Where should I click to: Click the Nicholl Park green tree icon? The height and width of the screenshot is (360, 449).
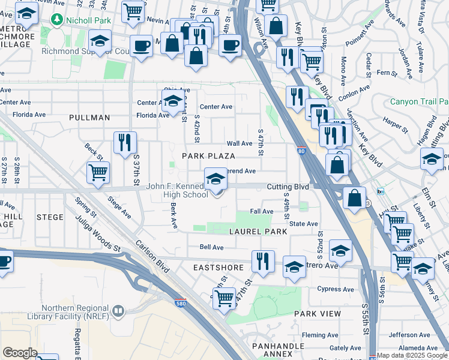[58, 20]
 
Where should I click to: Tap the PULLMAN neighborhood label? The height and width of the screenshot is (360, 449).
[89, 118]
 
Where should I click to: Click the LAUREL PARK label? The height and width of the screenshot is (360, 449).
[255, 231]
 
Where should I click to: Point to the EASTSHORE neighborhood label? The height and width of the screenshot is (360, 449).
[218, 268]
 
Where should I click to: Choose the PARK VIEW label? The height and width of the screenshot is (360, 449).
[318, 314]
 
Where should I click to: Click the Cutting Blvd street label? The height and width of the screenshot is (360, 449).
[288, 187]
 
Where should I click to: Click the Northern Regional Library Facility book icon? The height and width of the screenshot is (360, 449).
[119, 311]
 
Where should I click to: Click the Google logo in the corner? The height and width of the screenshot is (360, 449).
[20, 353]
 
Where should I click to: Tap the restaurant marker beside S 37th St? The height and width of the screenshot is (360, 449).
[125, 143]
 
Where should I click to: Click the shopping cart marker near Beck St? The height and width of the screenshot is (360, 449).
[98, 172]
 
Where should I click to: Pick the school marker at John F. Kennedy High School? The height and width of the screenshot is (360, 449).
[216, 179]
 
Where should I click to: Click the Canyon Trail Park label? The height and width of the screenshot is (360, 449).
[419, 101]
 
